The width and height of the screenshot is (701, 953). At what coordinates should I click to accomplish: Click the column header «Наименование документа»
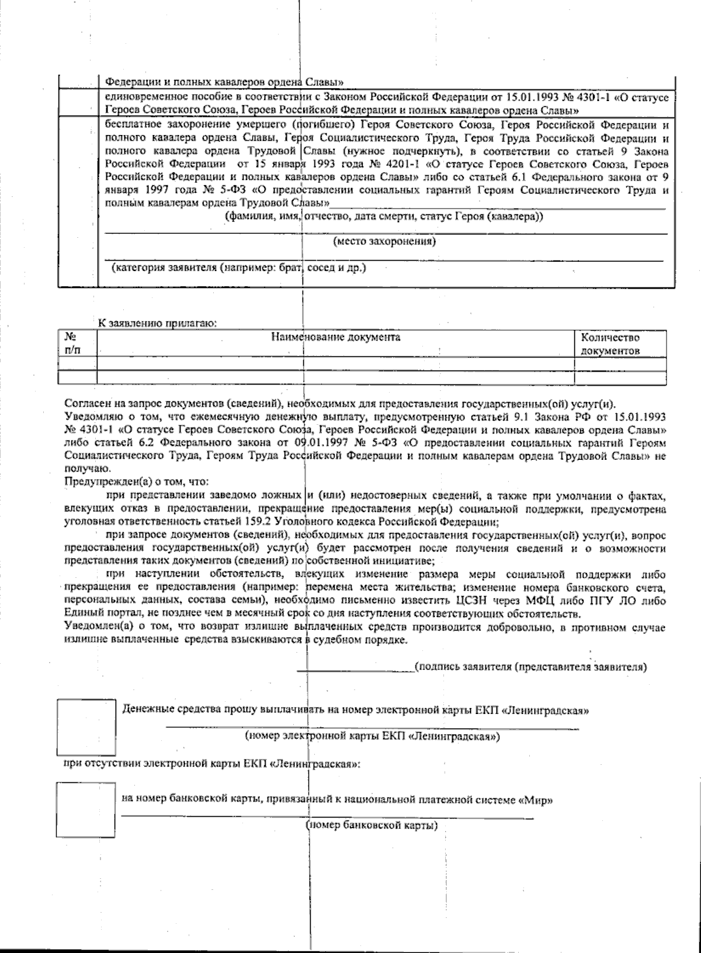point(335,338)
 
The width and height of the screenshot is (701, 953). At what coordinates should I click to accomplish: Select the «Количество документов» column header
point(610,344)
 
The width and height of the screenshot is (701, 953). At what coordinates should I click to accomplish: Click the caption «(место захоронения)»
point(384,241)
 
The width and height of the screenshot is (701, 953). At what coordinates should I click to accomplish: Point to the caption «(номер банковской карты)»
point(372,826)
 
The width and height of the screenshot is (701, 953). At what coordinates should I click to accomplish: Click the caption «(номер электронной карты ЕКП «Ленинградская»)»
point(372,736)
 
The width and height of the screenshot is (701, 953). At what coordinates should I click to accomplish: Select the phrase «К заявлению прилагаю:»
point(157,323)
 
